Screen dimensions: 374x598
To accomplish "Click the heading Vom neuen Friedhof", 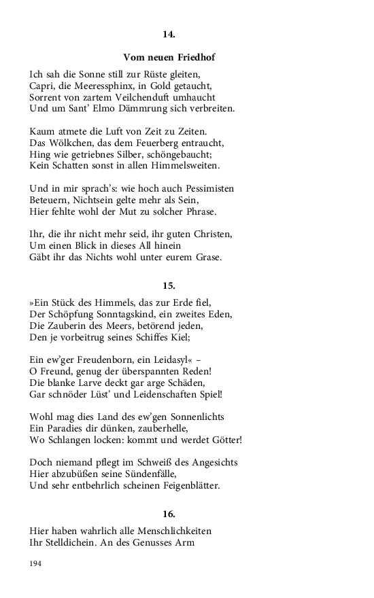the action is pyautogui.click(x=169, y=57).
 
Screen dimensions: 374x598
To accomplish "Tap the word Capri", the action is pyautogui.click(x=43, y=86).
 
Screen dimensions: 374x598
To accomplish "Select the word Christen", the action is pyautogui.click(x=211, y=234).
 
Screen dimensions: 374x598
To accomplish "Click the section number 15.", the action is pyautogui.click(x=169, y=285).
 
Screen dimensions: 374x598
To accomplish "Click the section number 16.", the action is pyautogui.click(x=169, y=514).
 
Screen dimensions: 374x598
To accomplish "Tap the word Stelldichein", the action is pyautogui.click(x=78, y=542).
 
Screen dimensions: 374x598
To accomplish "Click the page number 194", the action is pyautogui.click(x=35, y=564).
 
